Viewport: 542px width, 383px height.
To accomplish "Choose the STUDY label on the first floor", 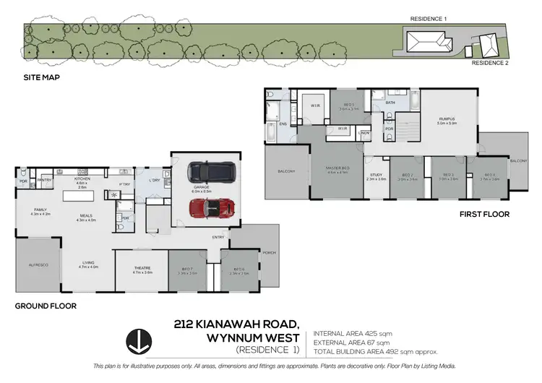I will pos(376,174).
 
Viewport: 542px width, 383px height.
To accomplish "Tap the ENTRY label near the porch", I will pos(218,237).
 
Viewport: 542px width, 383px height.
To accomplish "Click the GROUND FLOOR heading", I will pos(45,306).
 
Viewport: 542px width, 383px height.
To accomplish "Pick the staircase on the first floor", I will pos(409,131).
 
